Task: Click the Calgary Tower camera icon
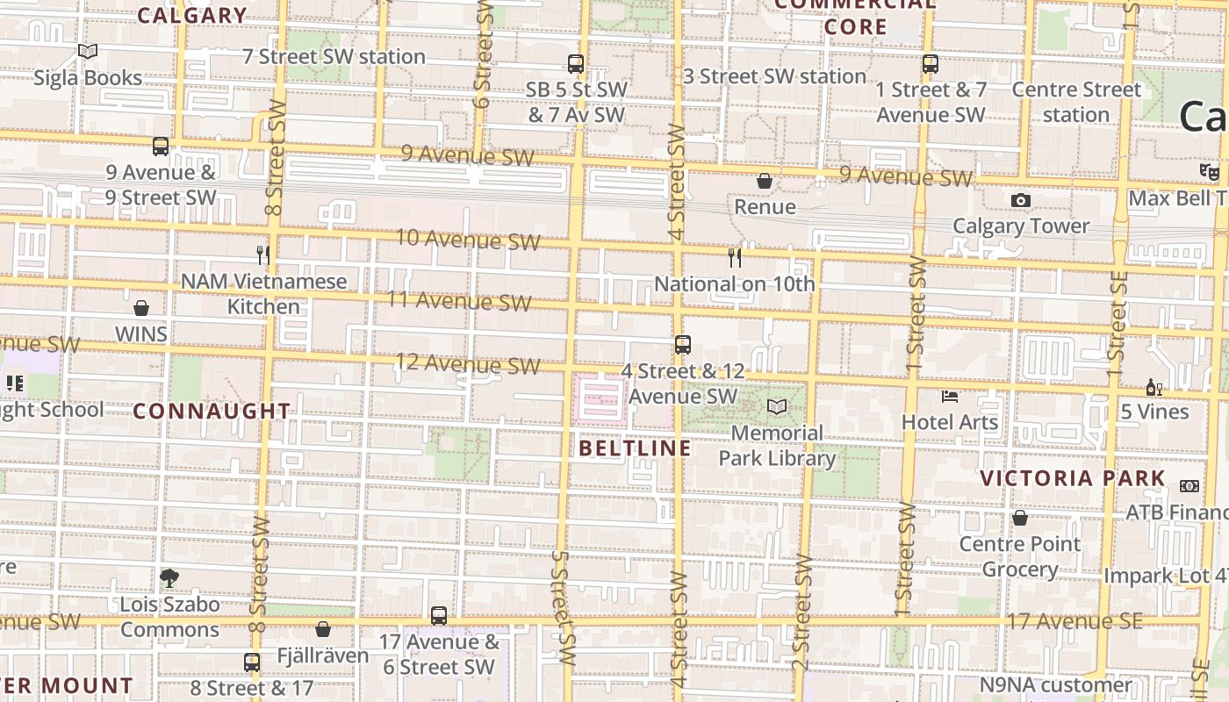pyautogui.click(x=1020, y=201)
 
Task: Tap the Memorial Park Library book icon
pyautogui.click(x=777, y=407)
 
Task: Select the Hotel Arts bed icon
pyautogui.click(x=950, y=397)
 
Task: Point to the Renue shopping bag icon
pyautogui.click(x=765, y=181)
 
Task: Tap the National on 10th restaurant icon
pyautogui.click(x=735, y=257)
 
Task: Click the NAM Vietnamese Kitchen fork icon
pyautogui.click(x=262, y=255)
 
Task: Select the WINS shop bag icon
pyautogui.click(x=141, y=308)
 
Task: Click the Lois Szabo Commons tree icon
pyautogui.click(x=169, y=578)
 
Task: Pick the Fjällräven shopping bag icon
pyautogui.click(x=323, y=629)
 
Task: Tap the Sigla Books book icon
pyautogui.click(x=88, y=52)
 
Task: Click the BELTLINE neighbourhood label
pyautogui.click(x=636, y=448)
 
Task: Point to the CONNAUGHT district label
pyautogui.click(x=212, y=411)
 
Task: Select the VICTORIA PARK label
pyautogui.click(x=1073, y=478)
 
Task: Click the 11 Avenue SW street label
pyautogui.click(x=459, y=301)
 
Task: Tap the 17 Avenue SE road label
pyautogui.click(x=1074, y=621)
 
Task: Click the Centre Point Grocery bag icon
pyautogui.click(x=1020, y=519)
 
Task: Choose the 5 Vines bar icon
pyautogui.click(x=1154, y=387)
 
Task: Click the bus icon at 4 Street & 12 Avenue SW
pyautogui.click(x=683, y=345)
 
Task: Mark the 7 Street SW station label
pyautogui.click(x=334, y=57)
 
